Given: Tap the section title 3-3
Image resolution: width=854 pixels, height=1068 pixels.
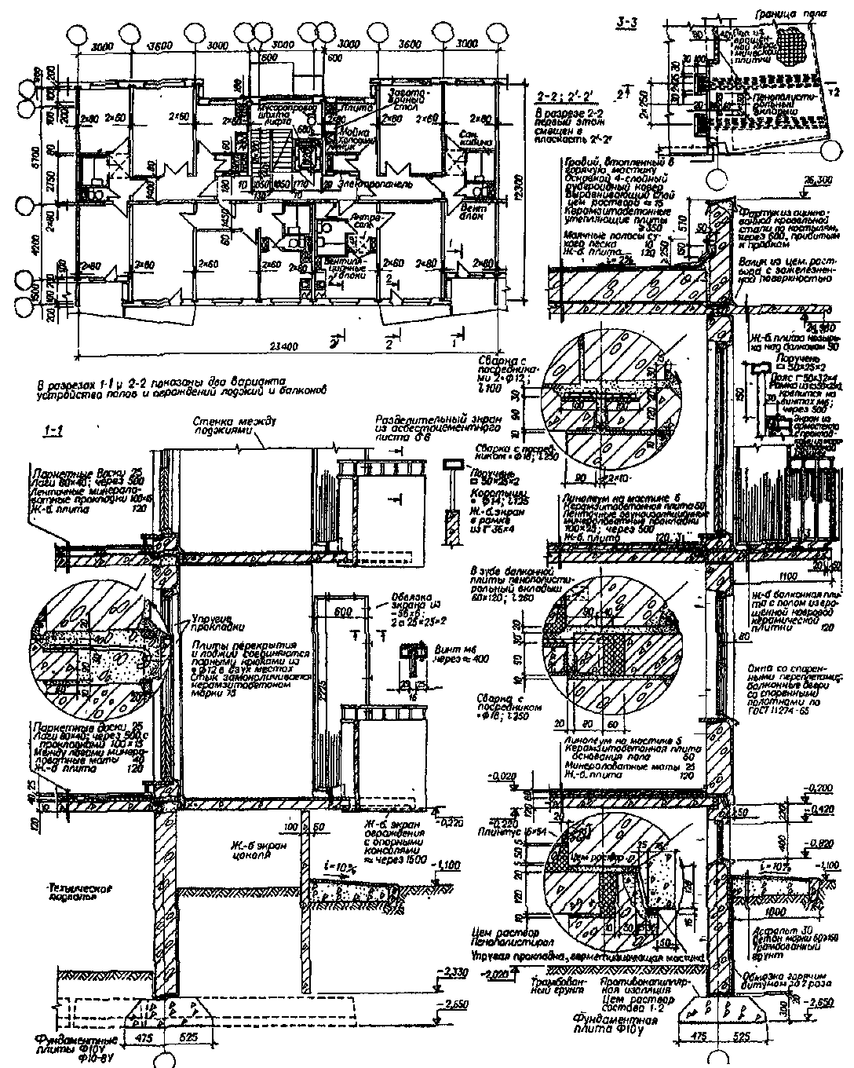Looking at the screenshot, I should coord(627,22).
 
